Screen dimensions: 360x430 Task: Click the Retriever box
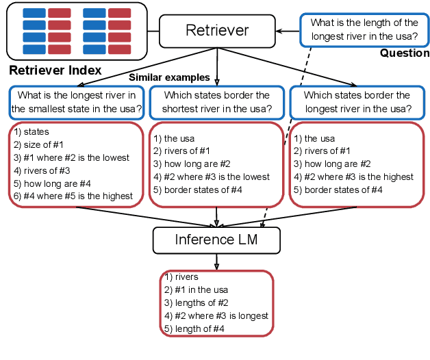coord(217,31)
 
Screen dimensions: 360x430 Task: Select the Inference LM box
coord(217,240)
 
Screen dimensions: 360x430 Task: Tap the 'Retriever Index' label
coord(55,70)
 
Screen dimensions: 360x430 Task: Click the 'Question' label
coord(405,53)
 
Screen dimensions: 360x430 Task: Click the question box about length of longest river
coord(364,30)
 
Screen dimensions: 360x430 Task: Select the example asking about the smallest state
coord(77,101)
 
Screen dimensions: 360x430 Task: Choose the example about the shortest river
coord(217,101)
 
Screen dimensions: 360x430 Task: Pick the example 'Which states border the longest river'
coord(357,101)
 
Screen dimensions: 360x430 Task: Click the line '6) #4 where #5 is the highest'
coord(73,196)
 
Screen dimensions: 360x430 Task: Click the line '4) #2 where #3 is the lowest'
coord(212,177)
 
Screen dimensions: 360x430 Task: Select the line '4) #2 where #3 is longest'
coord(216,316)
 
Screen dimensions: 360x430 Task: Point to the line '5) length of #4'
coord(194,329)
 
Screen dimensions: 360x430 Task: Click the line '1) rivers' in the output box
coord(181,277)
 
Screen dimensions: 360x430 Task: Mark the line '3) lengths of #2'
coord(197,303)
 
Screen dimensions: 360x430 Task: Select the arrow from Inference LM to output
coord(217,261)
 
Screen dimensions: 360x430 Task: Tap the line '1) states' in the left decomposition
coord(31,131)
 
